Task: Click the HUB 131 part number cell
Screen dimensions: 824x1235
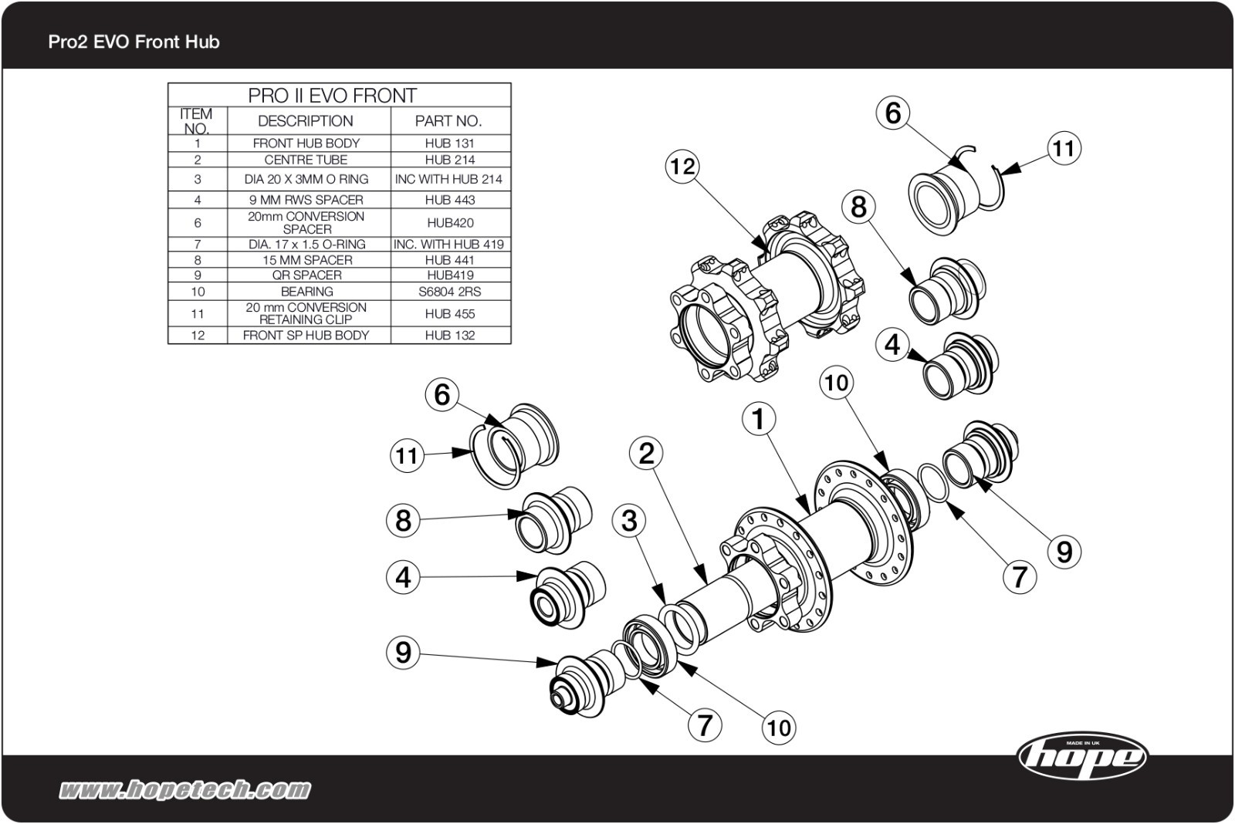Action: [449, 143]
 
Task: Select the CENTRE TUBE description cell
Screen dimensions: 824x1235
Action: [306, 160]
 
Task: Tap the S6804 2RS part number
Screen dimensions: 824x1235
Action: [449, 292]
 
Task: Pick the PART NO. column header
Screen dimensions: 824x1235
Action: [448, 120]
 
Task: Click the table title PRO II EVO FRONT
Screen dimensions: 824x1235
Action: [332, 96]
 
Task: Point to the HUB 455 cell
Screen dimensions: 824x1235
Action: [449, 313]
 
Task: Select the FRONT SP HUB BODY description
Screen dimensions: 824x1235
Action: [306, 335]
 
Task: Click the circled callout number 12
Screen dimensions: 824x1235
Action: [682, 166]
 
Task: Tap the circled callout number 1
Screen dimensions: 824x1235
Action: [759, 419]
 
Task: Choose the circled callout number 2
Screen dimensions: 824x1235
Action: [646, 453]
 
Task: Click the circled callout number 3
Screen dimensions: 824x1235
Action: [629, 520]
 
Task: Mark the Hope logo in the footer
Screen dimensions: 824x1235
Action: [1082, 755]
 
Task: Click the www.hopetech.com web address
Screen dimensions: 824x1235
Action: [185, 789]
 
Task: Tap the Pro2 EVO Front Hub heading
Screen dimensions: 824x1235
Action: [134, 42]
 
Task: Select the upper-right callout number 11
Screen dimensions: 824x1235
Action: [1064, 147]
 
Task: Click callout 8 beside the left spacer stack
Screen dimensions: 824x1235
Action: [403, 520]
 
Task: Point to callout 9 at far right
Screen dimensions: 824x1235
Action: [1064, 552]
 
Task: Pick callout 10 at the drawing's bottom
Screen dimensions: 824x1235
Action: [778, 727]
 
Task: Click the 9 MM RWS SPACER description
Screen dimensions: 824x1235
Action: [306, 199]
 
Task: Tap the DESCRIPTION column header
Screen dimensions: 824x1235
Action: [306, 120]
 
